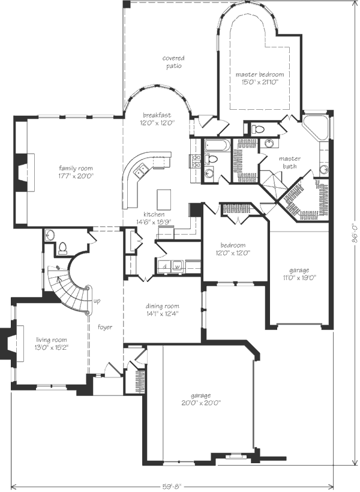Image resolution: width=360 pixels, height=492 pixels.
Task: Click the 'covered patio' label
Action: [x=173, y=62]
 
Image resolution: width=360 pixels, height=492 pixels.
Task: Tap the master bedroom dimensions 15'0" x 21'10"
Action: [x=260, y=82]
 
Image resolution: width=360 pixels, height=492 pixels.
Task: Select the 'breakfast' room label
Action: [x=157, y=115]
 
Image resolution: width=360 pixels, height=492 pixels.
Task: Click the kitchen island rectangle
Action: [x=164, y=199]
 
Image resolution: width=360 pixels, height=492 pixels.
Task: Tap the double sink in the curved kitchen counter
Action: [x=140, y=170]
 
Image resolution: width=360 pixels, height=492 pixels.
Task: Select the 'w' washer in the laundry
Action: [x=177, y=267]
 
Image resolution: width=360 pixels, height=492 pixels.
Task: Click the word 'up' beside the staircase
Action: [x=97, y=301]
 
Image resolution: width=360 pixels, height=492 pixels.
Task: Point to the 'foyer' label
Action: [x=105, y=327]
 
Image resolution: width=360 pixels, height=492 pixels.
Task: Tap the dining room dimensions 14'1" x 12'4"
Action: [x=162, y=313]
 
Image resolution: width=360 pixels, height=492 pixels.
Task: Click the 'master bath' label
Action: [x=289, y=162]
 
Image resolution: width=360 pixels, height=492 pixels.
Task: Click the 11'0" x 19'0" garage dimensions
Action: [x=298, y=277]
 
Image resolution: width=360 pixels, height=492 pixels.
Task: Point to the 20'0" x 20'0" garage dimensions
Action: [x=201, y=403]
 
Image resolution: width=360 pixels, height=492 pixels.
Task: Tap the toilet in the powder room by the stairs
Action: [x=62, y=248]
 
